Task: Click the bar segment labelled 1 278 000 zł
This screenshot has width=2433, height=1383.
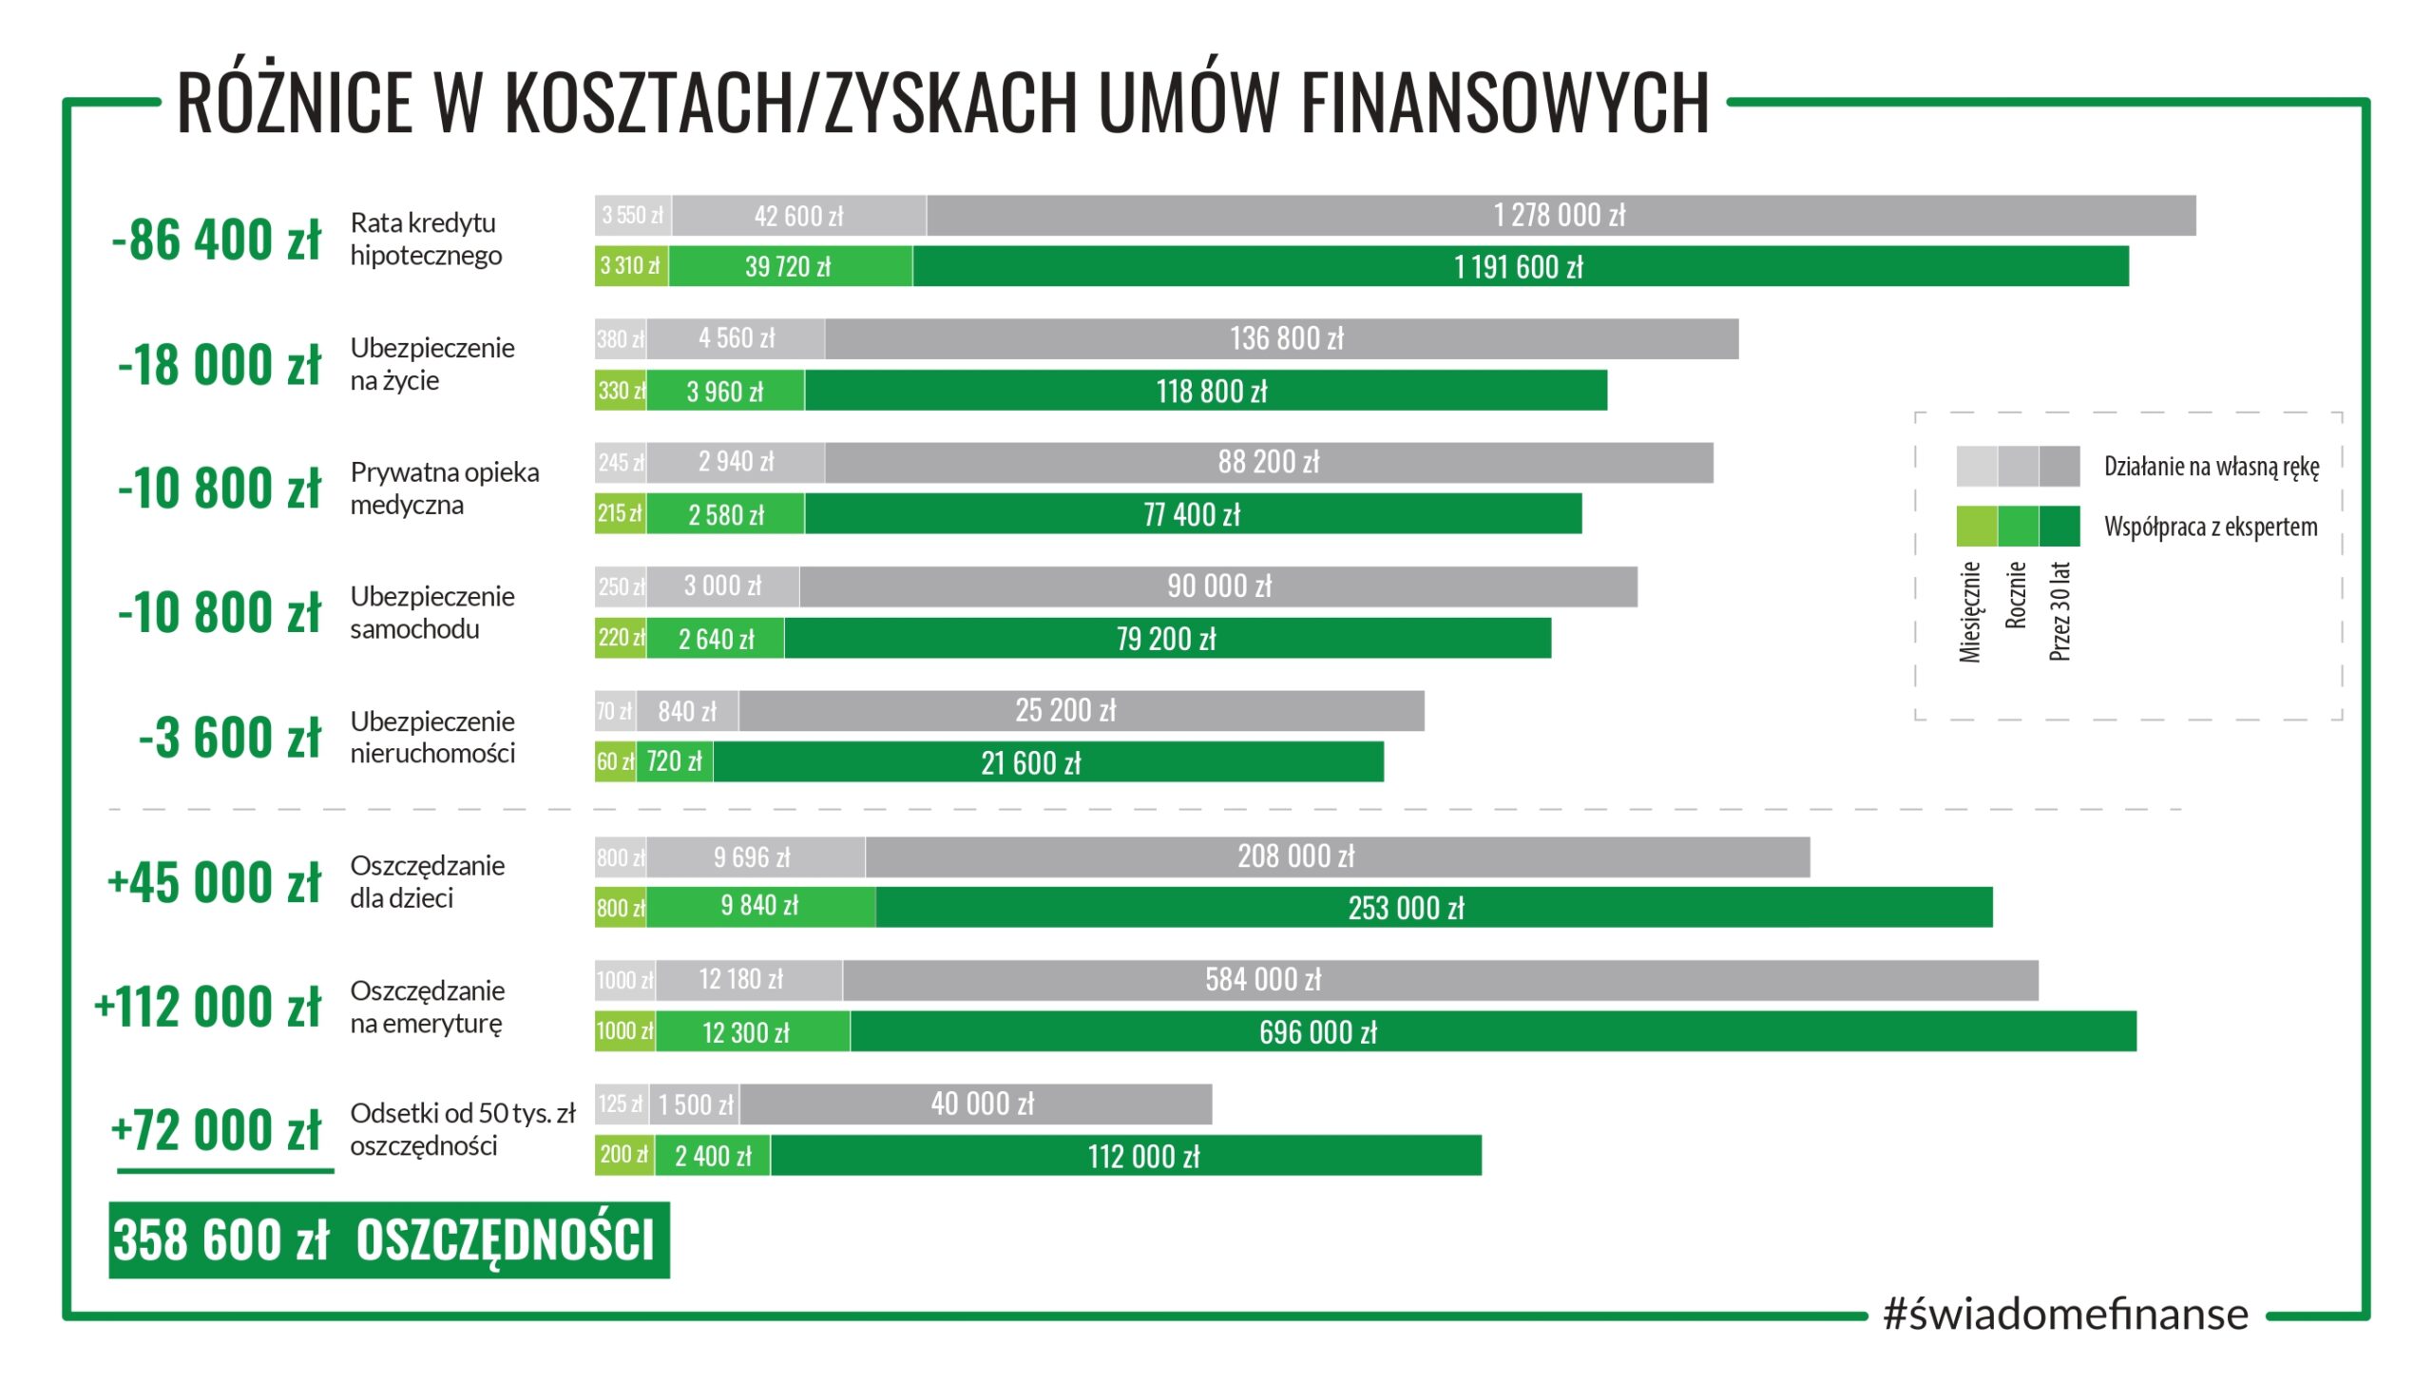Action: (x=1560, y=216)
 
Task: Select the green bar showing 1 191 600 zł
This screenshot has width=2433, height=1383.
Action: (x=1519, y=267)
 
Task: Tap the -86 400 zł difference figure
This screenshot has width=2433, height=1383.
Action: (x=217, y=240)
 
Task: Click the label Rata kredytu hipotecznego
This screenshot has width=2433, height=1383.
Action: (x=426, y=240)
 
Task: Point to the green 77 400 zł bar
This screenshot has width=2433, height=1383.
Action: (x=1192, y=514)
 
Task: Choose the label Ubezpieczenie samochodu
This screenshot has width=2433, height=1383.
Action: (x=432, y=613)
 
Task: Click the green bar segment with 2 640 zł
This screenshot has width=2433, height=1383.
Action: (x=717, y=639)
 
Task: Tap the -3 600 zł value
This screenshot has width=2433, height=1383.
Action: (x=230, y=738)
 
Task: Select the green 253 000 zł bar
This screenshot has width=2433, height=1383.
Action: (x=1407, y=908)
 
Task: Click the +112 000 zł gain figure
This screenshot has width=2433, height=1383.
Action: (x=208, y=1008)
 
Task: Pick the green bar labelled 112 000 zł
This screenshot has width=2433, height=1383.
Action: (x=1143, y=1156)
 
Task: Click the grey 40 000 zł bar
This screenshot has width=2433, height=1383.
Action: (x=982, y=1104)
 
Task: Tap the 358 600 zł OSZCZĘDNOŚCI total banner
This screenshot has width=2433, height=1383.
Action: (x=389, y=1240)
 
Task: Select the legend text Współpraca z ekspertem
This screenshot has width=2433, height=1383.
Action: (x=2210, y=528)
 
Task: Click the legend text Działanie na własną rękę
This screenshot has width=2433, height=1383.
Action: (x=2211, y=467)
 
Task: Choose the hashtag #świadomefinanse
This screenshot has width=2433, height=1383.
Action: (x=2065, y=1315)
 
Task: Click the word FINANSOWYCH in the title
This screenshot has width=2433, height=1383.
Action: (x=1504, y=103)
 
